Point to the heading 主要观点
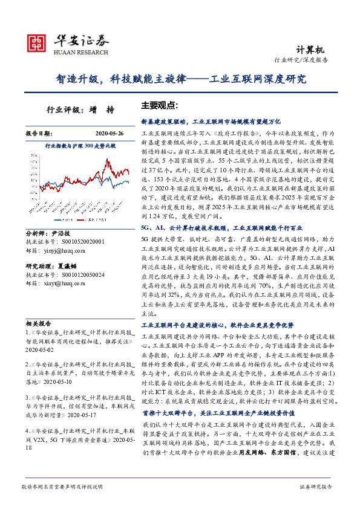click(159, 104)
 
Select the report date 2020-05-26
click(110, 132)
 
